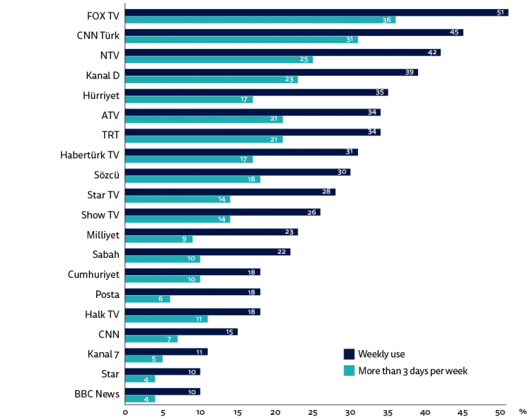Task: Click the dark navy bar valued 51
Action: pos(316,12)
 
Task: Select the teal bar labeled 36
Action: pos(260,21)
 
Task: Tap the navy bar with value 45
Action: pos(294,32)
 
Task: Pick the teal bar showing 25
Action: pos(219,60)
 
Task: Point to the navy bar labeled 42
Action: pos(283,52)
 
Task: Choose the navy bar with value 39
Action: pos(272,72)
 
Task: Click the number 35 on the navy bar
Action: pos(379,92)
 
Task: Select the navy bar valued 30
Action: pos(238,172)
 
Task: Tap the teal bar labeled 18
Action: pos(192,180)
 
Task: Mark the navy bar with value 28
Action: pos(230,192)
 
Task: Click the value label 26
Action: pos(311,213)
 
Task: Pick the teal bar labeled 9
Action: pos(159,239)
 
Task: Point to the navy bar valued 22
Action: pos(208,252)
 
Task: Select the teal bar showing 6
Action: pos(147,299)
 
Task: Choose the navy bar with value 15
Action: pos(181,332)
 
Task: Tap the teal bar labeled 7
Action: pos(151,339)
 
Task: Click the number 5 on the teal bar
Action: pos(153,359)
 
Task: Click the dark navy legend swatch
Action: pos(349,354)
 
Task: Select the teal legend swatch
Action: pos(349,370)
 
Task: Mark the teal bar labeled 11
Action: pos(166,319)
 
